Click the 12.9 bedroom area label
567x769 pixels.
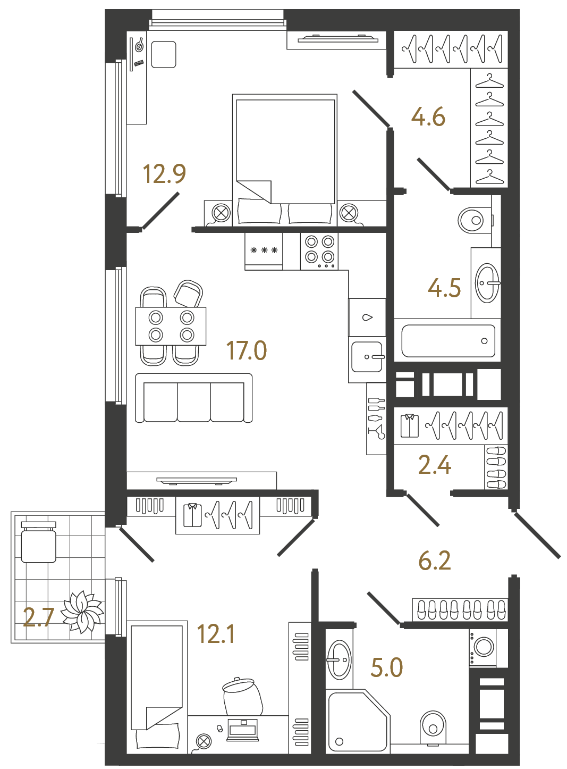(x=164, y=174)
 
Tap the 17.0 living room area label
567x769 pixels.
(x=247, y=350)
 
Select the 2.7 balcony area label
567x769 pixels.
(x=38, y=617)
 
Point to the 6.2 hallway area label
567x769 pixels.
(x=434, y=561)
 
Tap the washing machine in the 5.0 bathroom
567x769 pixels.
(x=483, y=647)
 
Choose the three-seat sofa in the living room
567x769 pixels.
(x=194, y=398)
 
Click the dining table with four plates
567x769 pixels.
(x=171, y=326)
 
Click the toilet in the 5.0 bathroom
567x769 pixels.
(x=433, y=726)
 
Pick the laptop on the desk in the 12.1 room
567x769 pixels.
(x=242, y=730)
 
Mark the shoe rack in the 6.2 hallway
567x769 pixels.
(x=460, y=609)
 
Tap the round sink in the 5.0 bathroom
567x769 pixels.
(x=338, y=660)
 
